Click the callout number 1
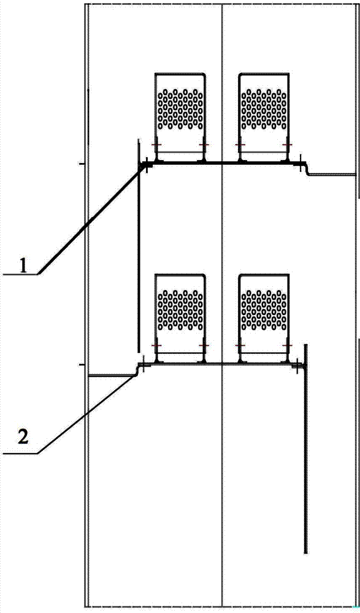coord(24,267)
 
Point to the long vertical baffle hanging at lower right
coord(305,449)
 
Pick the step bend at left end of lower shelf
coord(137,370)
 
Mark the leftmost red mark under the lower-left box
coord(156,346)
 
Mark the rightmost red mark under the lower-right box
coord(288,346)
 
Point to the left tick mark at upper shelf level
coord(82,164)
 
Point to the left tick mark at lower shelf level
coord(82,365)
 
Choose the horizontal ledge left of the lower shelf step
coord(112,376)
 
